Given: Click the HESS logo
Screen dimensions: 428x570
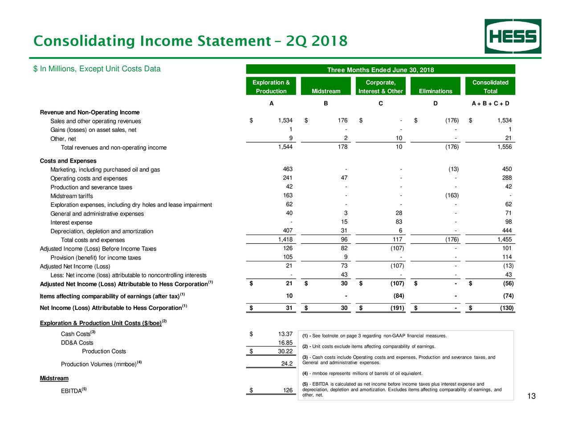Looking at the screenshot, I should [513, 37].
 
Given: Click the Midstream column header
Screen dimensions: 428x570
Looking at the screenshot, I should [326, 91].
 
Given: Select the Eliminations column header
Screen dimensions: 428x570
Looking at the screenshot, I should [435, 91].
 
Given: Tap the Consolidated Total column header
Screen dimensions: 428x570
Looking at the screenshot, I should [490, 86].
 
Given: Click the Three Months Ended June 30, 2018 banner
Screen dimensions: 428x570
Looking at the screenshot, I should [380, 70].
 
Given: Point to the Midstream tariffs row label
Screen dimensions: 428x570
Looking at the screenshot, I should [72, 196].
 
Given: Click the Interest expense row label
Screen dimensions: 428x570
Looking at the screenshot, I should [71, 222].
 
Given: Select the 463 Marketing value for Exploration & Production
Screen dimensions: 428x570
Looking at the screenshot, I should [288, 169].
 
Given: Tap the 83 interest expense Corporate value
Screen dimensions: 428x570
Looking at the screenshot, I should [399, 222].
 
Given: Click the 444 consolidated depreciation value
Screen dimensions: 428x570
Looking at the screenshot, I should [507, 230].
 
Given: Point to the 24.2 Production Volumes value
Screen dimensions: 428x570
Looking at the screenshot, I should [287, 364].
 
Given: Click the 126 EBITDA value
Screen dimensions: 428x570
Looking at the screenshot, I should [288, 391].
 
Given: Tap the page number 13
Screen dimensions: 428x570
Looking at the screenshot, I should [531, 396].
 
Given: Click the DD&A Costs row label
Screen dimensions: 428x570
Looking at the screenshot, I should [77, 343].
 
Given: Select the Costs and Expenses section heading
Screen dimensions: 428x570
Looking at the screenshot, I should [68, 161].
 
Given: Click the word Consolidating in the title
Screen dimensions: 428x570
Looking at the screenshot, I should [85, 41].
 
